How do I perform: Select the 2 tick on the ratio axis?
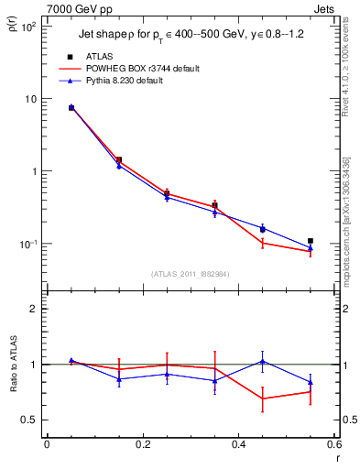coord(36,309)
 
